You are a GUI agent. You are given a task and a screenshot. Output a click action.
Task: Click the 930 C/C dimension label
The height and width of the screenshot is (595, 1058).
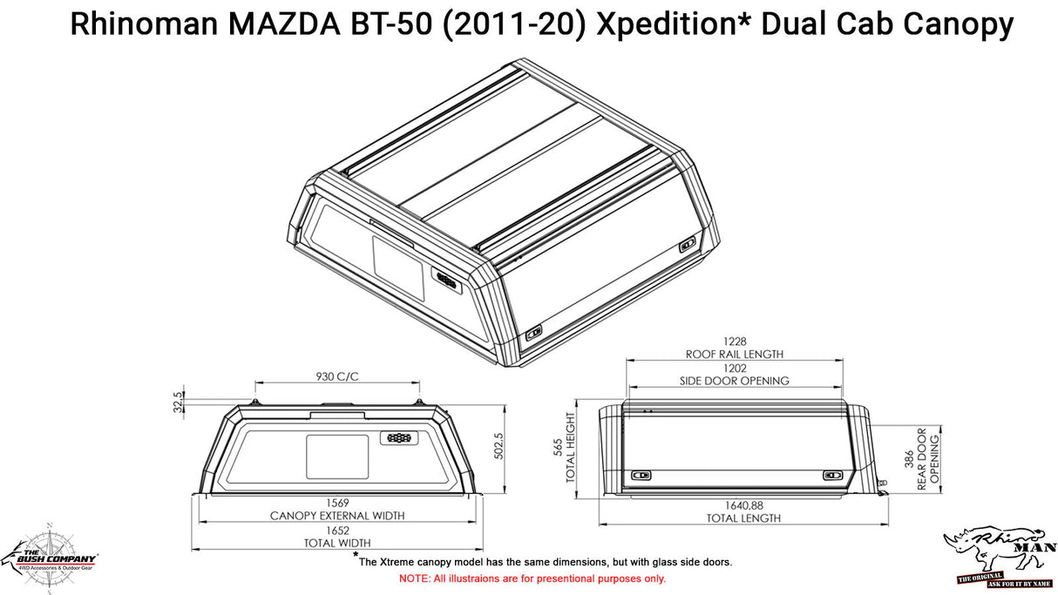[x=336, y=376]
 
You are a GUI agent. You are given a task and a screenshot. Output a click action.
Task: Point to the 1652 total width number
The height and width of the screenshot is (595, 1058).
[x=336, y=531]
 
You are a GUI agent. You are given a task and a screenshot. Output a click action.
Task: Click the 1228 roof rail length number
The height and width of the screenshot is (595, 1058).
[x=734, y=341]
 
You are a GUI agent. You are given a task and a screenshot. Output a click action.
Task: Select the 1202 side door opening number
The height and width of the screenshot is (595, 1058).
[x=734, y=368]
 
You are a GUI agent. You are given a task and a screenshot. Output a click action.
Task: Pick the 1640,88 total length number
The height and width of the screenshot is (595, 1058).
[x=744, y=505]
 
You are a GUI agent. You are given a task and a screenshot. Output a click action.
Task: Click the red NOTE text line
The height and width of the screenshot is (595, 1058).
[x=532, y=578]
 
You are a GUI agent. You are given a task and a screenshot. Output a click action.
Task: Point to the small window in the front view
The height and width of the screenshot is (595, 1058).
[x=337, y=456]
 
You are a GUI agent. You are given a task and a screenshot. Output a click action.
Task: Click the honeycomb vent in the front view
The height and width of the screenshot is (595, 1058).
[x=400, y=438]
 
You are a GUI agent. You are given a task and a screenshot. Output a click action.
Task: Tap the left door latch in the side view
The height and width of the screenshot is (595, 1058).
[x=642, y=475]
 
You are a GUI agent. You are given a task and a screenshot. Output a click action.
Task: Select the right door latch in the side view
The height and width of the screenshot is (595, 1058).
[x=832, y=475]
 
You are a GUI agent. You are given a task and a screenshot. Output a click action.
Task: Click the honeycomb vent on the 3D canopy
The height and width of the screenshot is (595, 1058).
[x=446, y=280]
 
